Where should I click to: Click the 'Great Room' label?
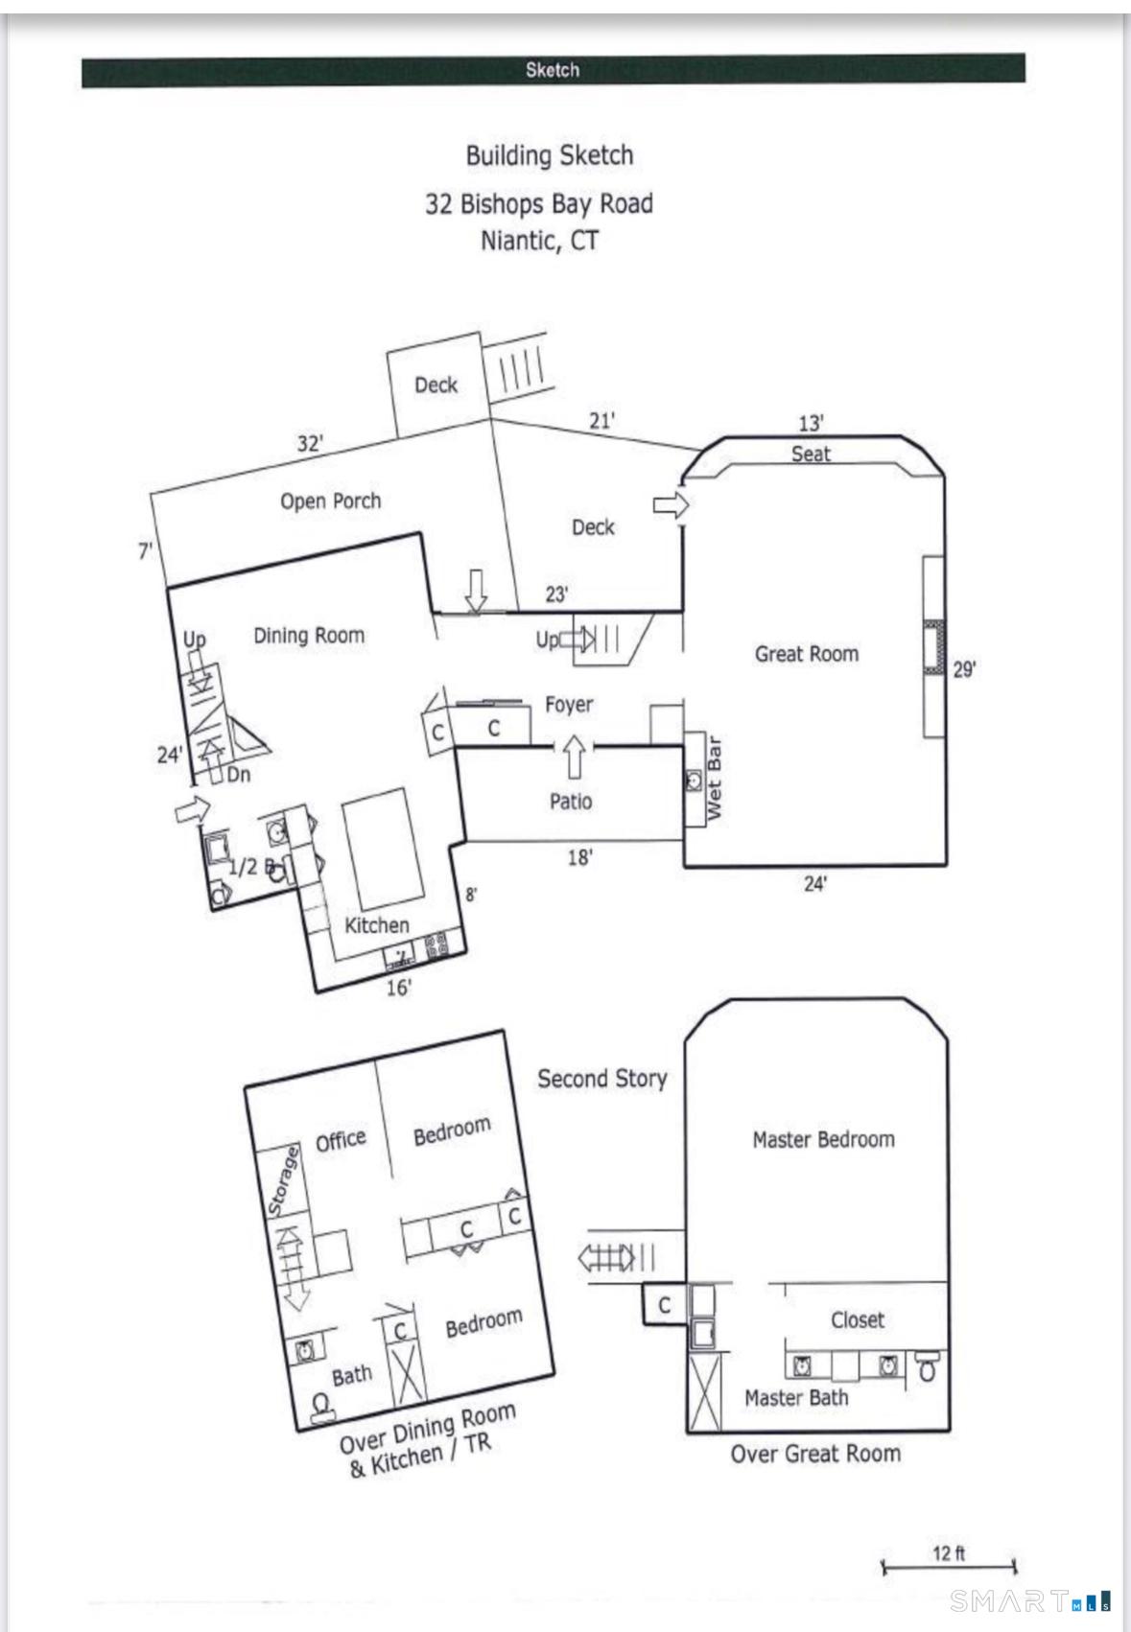coord(806,654)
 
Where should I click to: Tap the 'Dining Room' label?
coord(309,635)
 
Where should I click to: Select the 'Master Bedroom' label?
coord(823,1139)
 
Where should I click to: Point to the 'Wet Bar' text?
coord(715,778)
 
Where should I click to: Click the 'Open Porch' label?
coord(330,501)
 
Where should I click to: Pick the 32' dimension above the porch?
coord(310,444)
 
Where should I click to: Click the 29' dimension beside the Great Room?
coord(964,669)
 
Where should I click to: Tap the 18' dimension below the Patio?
coord(579,857)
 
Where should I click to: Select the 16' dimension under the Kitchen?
coord(398,987)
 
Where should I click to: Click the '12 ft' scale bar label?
coord(949,1552)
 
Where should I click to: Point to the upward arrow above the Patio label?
coord(574,757)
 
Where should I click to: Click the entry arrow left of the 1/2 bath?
coord(192,809)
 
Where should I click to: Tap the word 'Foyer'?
coord(569,705)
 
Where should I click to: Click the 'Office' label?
coord(341,1140)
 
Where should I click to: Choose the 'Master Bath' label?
coord(796,1398)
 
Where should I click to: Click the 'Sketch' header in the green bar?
coord(553,70)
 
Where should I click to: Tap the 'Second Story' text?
coord(601,1079)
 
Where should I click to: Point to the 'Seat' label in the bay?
coord(811,455)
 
